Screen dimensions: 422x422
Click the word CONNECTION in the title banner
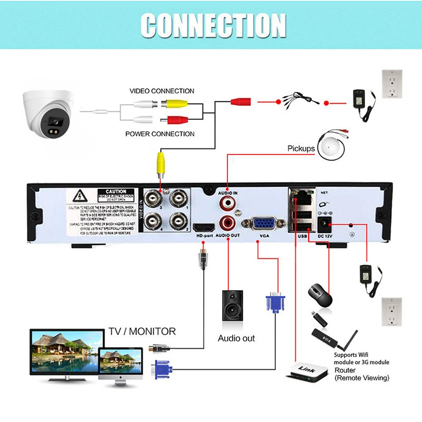(214, 25)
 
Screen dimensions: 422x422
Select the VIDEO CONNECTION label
(162, 91)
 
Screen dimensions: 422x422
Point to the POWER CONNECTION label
(160, 134)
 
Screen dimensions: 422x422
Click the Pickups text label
(301, 149)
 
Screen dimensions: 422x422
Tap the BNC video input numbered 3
(155, 200)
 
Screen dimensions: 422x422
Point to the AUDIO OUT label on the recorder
(228, 236)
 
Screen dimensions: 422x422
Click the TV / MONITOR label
(142, 331)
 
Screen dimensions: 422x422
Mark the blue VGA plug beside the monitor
(163, 368)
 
